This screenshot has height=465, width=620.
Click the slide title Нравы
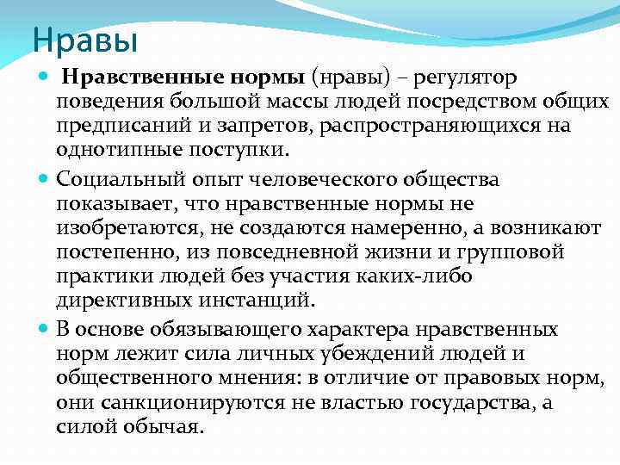(x=84, y=40)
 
